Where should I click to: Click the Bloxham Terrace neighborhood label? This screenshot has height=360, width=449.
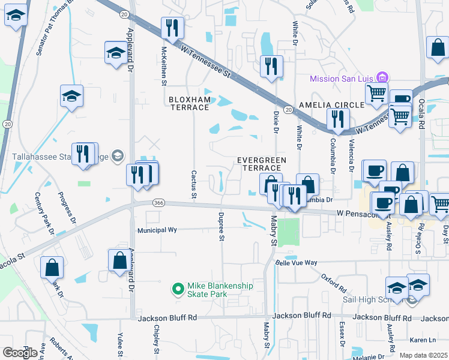[188, 103]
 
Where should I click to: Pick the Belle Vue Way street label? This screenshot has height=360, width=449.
[295, 263]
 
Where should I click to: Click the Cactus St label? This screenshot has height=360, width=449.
[194, 184]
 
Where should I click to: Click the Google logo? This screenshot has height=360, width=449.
[20, 353]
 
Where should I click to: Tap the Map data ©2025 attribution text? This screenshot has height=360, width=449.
[424, 355]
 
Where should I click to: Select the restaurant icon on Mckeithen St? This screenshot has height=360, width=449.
[172, 28]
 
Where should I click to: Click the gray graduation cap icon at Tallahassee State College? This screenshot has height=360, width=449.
[118, 156]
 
